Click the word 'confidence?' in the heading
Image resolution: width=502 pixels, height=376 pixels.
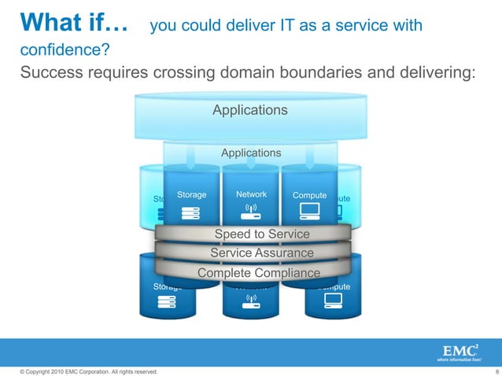tap(65, 51)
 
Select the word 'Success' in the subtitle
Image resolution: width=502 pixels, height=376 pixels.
tap(51, 73)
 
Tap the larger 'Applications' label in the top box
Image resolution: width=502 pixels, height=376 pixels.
tap(250, 110)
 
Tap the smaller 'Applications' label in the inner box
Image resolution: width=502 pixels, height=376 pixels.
tap(250, 153)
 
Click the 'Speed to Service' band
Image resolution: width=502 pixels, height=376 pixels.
tap(262, 234)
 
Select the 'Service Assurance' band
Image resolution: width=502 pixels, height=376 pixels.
tap(262, 253)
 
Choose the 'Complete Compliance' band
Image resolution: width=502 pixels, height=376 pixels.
tap(259, 273)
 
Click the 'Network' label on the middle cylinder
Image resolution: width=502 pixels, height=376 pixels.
tap(251, 194)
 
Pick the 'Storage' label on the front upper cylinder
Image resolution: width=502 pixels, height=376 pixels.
tap(192, 194)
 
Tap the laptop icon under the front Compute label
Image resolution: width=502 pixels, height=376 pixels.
tap(308, 211)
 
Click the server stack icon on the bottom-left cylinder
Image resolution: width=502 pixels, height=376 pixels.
tap(167, 304)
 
